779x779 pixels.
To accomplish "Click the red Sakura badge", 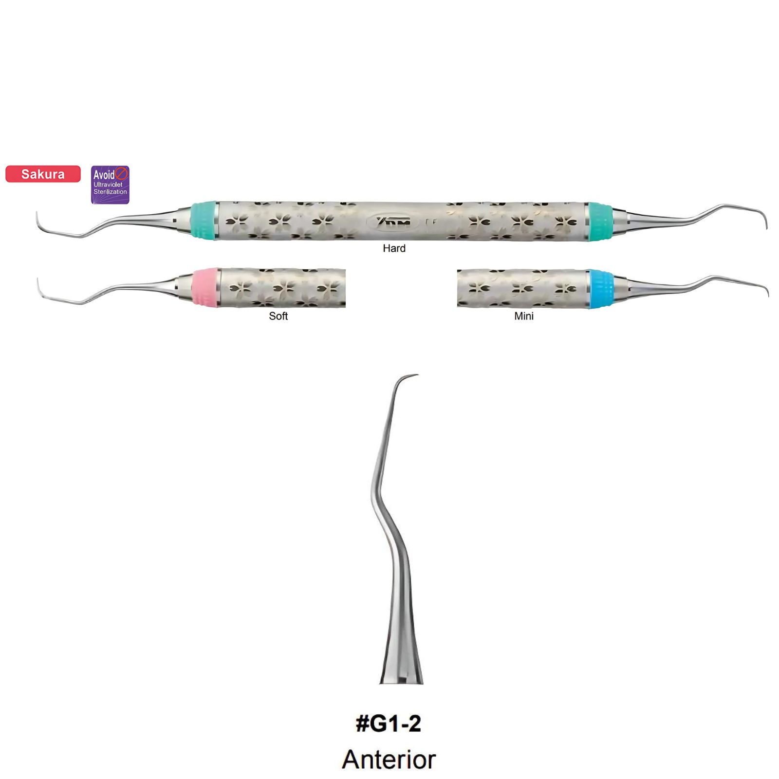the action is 43,174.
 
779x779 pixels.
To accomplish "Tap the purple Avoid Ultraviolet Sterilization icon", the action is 111,185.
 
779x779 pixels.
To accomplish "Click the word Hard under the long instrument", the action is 394,248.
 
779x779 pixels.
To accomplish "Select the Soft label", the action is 278,316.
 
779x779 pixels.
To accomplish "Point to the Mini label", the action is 524,316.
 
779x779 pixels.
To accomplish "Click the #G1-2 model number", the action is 389,723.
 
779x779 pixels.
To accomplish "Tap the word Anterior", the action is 389,760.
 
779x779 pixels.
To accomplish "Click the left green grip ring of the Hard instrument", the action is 204,220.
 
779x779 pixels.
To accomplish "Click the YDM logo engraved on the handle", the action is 394,222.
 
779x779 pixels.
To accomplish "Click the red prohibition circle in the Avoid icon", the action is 121,173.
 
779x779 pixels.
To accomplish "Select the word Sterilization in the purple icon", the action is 111,192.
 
